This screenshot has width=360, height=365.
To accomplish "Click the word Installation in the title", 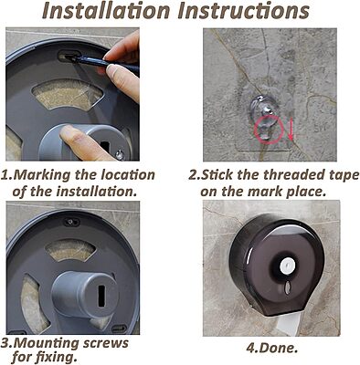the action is point(106,11).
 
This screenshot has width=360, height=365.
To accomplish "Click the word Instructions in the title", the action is point(243,11).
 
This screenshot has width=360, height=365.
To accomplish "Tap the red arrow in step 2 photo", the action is point(291,130).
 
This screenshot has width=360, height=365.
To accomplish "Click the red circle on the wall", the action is point(269,130).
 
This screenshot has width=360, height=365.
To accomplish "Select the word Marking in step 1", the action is point(42,175).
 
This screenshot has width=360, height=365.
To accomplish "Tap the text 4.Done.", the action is point(271,348).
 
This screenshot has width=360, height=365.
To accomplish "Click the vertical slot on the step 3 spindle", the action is point(101,297).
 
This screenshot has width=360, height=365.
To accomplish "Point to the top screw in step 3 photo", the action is point(70,222).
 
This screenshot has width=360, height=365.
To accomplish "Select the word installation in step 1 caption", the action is point(96,192).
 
